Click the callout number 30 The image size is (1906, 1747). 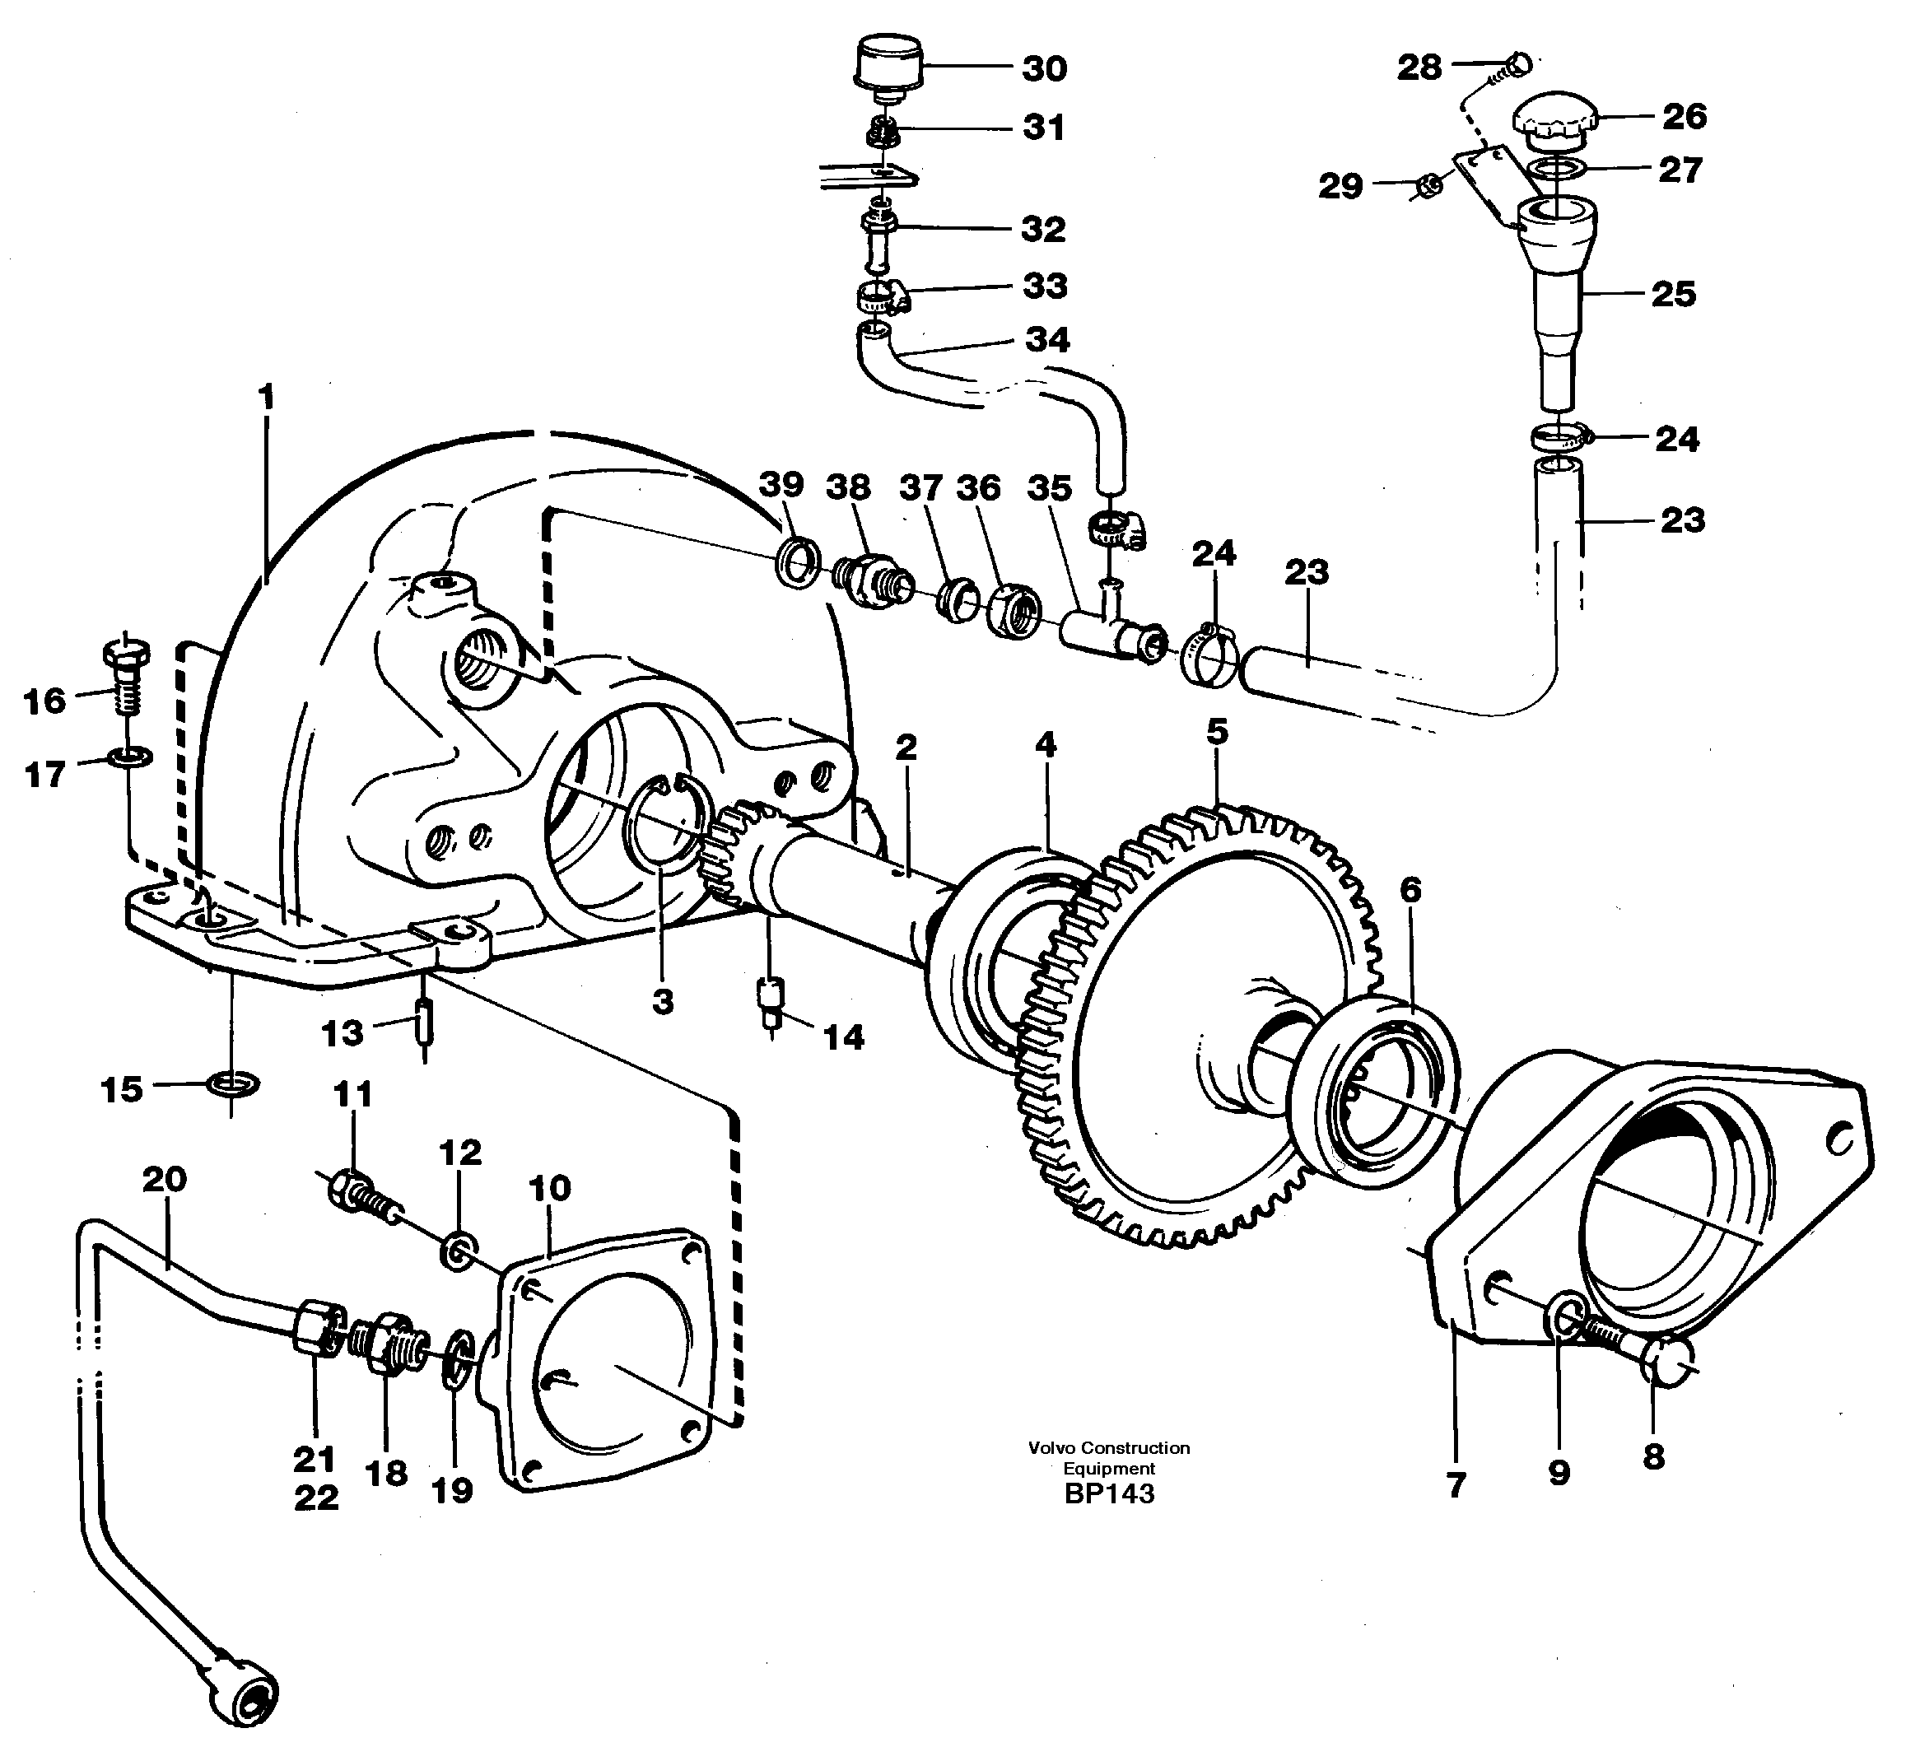(1044, 68)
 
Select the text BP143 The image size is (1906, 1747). (1109, 1493)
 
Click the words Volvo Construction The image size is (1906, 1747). (1109, 1447)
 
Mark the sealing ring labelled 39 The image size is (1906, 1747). (797, 563)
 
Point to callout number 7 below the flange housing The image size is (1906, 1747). (1456, 1485)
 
